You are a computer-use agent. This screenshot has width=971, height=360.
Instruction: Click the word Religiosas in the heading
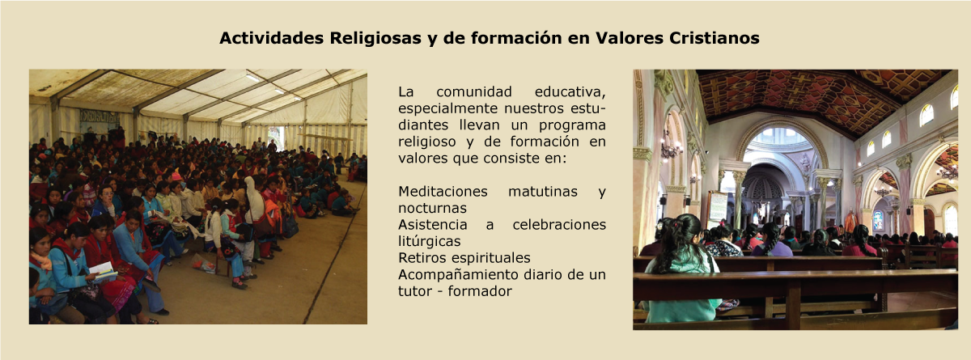coord(375,39)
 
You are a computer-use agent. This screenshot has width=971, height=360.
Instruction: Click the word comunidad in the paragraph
coord(474,92)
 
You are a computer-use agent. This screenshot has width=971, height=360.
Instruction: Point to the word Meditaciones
coord(443,191)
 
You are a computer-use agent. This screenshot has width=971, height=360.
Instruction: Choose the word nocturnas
coord(432,209)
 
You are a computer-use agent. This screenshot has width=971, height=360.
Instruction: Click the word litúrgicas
coord(429,241)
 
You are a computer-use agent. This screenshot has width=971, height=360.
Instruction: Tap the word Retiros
coord(422,258)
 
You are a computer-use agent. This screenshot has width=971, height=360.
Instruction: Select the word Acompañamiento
coord(458,275)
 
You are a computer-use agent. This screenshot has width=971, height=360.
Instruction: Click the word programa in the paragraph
coord(572,125)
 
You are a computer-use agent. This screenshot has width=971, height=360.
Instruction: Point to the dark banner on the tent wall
coord(100,116)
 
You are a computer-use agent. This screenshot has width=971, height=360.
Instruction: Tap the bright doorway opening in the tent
coord(276,138)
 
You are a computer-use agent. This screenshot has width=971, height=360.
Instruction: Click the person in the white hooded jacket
coord(254,199)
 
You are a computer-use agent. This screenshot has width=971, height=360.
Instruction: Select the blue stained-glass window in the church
coord(877,220)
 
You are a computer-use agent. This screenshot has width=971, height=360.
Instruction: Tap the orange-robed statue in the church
coord(850,221)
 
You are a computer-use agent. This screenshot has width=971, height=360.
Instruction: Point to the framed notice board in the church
coord(718,207)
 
